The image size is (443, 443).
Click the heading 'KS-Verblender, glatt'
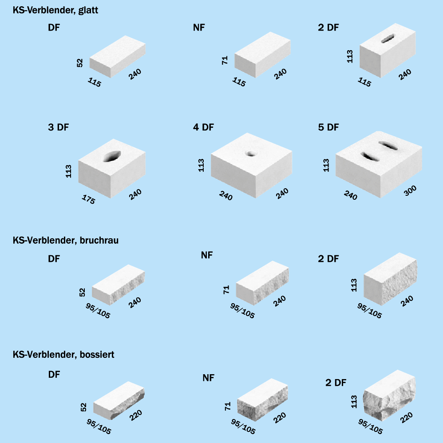tap(55, 10)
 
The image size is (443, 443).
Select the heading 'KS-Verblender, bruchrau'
tap(66, 241)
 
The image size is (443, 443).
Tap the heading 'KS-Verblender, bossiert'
tap(63, 355)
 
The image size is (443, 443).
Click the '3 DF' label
tap(58, 127)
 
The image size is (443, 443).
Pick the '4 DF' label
tap(203, 127)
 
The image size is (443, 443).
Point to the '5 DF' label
tap(328, 127)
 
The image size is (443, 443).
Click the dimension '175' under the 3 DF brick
tap(88, 199)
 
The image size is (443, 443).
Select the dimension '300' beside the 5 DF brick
tap(410, 190)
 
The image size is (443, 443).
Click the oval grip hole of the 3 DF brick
tap(112, 156)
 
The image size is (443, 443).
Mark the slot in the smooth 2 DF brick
tap(388, 38)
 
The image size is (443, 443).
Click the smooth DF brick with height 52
tap(118, 56)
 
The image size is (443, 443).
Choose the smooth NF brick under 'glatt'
tap(262, 55)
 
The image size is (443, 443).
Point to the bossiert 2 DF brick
tap(390, 396)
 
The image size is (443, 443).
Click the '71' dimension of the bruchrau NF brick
tap(226, 289)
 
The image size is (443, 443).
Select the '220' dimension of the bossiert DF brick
tap(136, 415)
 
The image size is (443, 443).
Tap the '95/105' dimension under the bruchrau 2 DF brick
tap(369, 310)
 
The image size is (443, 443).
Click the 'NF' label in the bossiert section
tap(209, 378)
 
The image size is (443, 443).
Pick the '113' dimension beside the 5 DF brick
tap(326, 165)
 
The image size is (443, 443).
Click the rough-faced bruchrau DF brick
tap(119, 285)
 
